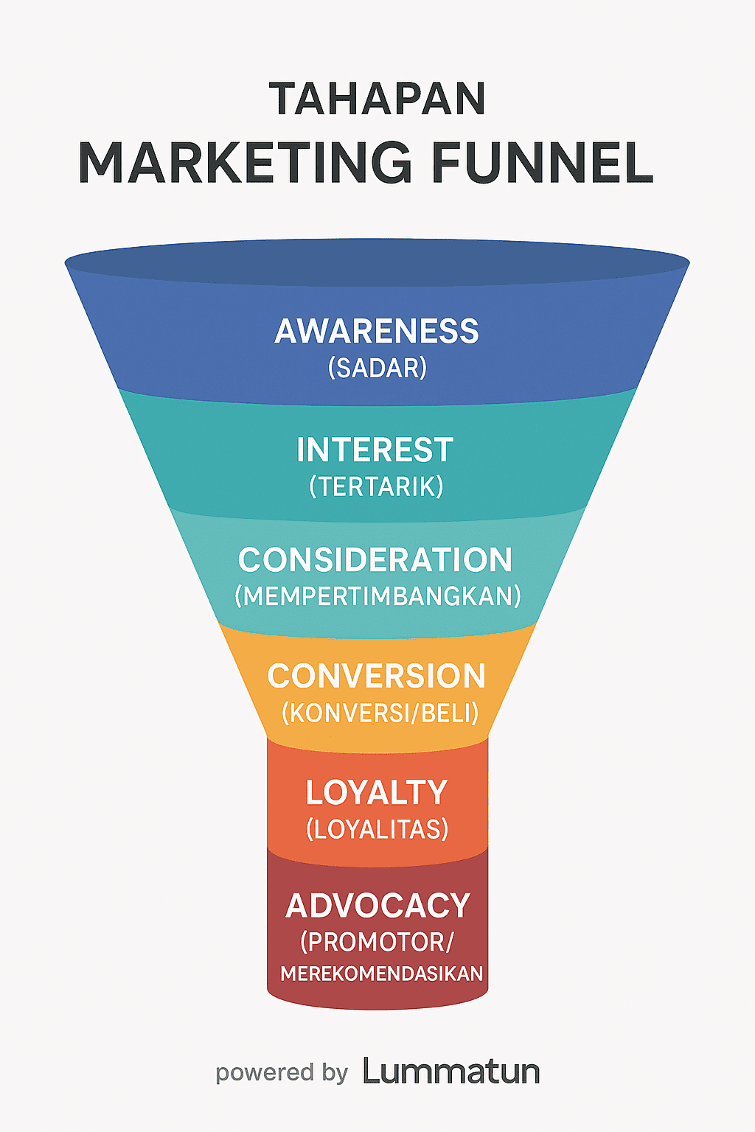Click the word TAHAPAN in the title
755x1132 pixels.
pyautogui.click(x=377, y=99)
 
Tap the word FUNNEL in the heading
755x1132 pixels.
pyautogui.click(x=542, y=163)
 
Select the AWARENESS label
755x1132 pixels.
pyautogui.click(x=377, y=332)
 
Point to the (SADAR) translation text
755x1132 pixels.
pyautogui.click(x=377, y=368)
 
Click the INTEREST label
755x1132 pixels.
pyautogui.click(x=375, y=450)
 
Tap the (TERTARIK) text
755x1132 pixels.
pyautogui.click(x=376, y=486)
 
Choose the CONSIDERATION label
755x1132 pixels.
pyautogui.click(x=375, y=560)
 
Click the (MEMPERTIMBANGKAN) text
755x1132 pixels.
pyautogui.click(x=377, y=596)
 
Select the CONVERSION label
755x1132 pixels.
pyautogui.click(x=376, y=677)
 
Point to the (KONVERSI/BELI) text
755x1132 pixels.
pyautogui.click(x=380, y=713)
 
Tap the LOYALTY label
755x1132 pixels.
pyautogui.click(x=377, y=793)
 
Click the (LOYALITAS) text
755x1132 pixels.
pyautogui.click(x=377, y=829)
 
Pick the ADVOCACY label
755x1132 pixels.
pyautogui.click(x=377, y=906)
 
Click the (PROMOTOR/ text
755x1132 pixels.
pyautogui.click(x=377, y=942)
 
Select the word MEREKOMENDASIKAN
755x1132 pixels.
pyautogui.click(x=381, y=974)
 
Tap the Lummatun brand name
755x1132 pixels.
pyautogui.click(x=451, y=1072)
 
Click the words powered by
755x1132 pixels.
pyautogui.click(x=281, y=1073)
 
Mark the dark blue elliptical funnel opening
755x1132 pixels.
pyautogui.click(x=377, y=262)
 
